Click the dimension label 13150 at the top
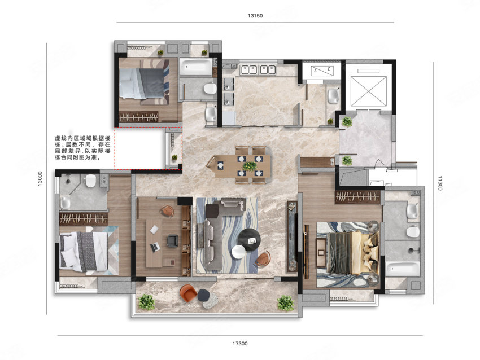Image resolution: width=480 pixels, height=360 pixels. click(x=255, y=16)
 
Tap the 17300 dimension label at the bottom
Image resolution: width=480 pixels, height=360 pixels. click(x=239, y=344)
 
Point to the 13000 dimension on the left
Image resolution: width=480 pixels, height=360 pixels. click(x=40, y=179)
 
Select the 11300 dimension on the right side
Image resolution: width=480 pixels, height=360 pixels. click(x=440, y=183)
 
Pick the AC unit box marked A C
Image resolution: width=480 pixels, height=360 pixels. click(x=322, y=71)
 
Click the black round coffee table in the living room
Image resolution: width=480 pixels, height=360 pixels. click(x=249, y=239)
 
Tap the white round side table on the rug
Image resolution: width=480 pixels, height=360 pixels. click(x=238, y=252)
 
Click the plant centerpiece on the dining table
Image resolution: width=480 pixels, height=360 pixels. click(x=250, y=166)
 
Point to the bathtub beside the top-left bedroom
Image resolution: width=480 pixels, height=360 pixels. click(x=196, y=67)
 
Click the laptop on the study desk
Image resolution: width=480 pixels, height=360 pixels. click(x=155, y=247)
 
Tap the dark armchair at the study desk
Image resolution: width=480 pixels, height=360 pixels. click(x=173, y=240)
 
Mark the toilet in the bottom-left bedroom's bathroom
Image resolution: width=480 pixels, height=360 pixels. click(x=90, y=181)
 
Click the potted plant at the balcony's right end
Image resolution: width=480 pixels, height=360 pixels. click(x=285, y=303)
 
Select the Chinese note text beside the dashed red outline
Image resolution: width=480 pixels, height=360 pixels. click(x=82, y=148)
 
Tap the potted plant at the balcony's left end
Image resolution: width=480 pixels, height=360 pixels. click(x=146, y=302)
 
